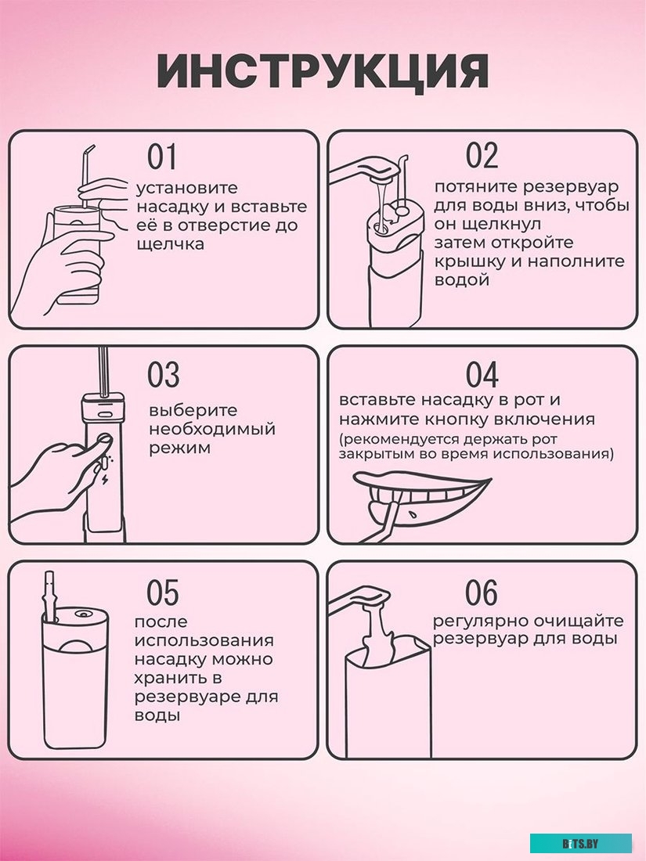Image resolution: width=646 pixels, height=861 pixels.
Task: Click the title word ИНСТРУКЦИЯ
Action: coord(323,73)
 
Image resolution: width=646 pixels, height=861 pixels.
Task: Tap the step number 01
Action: coord(162,157)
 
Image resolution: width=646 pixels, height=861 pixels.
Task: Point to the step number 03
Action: coord(163,375)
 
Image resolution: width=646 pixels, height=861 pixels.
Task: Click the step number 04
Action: coord(482,375)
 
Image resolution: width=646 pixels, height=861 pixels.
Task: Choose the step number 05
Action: coord(163,593)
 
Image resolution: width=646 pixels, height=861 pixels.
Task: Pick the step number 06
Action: coord(482,593)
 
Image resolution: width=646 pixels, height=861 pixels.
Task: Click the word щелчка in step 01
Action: coord(170,244)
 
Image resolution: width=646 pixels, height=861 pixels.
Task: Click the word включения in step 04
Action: coord(550,420)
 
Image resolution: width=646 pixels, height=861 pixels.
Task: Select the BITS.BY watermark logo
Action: coord(580,843)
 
